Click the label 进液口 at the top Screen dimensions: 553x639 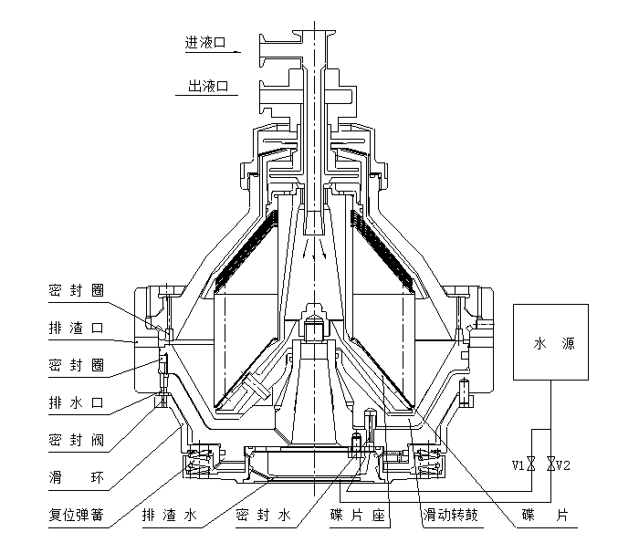(206, 42)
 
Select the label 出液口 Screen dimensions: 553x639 (206, 87)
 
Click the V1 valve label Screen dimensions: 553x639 (519, 464)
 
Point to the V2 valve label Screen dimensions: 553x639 (564, 464)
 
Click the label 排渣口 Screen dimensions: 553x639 (75, 328)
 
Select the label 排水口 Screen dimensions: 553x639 (75, 401)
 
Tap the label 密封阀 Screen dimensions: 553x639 (75, 440)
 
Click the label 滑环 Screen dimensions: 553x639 (75, 477)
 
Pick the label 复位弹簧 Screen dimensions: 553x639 (75, 516)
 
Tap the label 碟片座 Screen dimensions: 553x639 (360, 516)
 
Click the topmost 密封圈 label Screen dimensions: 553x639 (75, 291)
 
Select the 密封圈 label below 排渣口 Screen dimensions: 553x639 (75, 364)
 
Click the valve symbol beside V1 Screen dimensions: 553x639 (532, 464)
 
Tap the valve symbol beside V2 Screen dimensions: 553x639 (550, 464)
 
